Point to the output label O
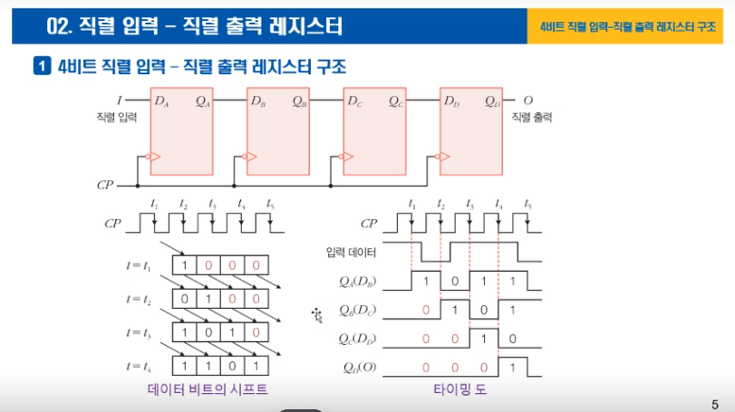[528, 99]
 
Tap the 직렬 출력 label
[532, 118]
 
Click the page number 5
[715, 404]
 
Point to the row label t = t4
[142, 367]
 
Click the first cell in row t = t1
[185, 266]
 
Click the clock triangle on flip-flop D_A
[155, 158]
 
